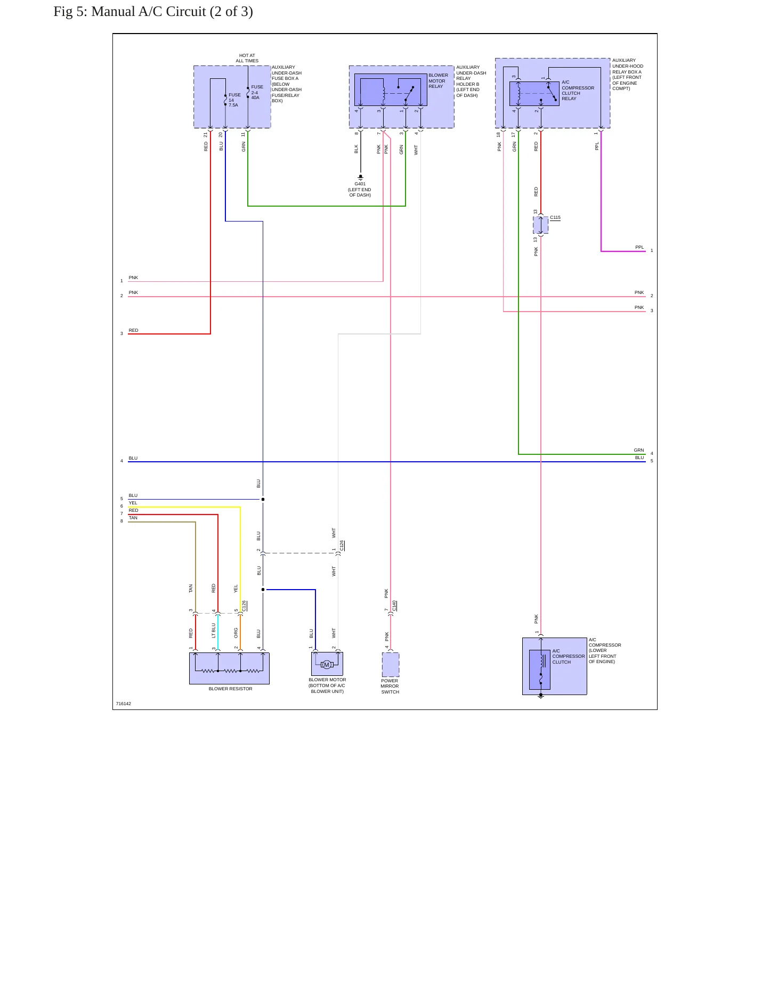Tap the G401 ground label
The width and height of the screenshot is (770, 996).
pyautogui.click(x=360, y=184)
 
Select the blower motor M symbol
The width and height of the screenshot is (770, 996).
pyautogui.click(x=327, y=665)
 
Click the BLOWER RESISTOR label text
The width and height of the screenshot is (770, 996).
pyautogui.click(x=230, y=689)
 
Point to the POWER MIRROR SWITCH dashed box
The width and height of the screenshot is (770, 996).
pyautogui.click(x=391, y=665)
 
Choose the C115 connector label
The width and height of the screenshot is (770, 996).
pyautogui.click(x=555, y=217)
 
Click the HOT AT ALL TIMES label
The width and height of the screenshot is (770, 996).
pyautogui.click(x=247, y=58)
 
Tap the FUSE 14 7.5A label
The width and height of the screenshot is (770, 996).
pyautogui.click(x=234, y=100)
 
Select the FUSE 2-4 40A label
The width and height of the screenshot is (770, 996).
pyautogui.click(x=257, y=92)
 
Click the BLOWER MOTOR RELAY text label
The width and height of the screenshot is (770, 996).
pyautogui.click(x=438, y=81)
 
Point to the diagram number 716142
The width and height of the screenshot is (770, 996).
pyautogui.click(x=124, y=704)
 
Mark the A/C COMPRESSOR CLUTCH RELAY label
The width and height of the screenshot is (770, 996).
pyautogui.click(x=578, y=91)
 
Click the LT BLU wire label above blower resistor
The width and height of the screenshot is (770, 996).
pyautogui.click(x=214, y=631)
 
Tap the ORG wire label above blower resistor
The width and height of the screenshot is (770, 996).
pyautogui.click(x=236, y=633)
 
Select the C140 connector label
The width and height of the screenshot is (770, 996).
pyautogui.click(x=394, y=606)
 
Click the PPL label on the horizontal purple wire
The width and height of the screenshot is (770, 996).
pyautogui.click(x=639, y=247)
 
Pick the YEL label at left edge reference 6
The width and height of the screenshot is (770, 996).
pyautogui.click(x=133, y=503)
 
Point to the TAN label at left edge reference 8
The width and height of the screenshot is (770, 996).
pyautogui.click(x=133, y=518)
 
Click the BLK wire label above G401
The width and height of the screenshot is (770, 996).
pyautogui.click(x=356, y=149)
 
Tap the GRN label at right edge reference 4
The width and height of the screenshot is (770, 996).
pyautogui.click(x=639, y=450)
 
